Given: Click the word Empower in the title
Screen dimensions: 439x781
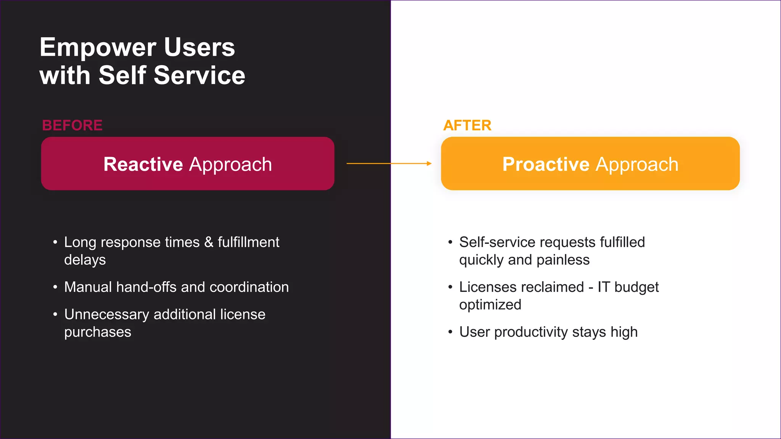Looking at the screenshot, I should coord(98,48).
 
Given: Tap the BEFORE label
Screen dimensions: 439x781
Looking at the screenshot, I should coord(72,125).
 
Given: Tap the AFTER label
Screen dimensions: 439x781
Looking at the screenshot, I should coord(467,125).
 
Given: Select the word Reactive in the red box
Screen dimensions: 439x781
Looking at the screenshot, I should coord(143,164).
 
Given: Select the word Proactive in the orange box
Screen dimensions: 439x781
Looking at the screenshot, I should coord(546,164).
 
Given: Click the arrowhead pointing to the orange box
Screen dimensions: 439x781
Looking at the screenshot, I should coord(429,163).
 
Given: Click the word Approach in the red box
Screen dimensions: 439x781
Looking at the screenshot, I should coord(230,165).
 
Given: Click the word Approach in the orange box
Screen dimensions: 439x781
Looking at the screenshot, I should coord(637,165).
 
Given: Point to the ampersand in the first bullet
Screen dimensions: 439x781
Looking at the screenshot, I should coord(209,242).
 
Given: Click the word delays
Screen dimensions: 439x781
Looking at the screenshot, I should coord(85,260).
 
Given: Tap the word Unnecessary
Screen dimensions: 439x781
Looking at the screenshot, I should coord(106,315).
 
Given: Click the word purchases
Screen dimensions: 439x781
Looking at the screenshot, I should coord(98,332).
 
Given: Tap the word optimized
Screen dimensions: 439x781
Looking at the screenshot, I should coord(490,305).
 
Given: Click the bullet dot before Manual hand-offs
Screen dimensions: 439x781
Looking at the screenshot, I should coord(55,287).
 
